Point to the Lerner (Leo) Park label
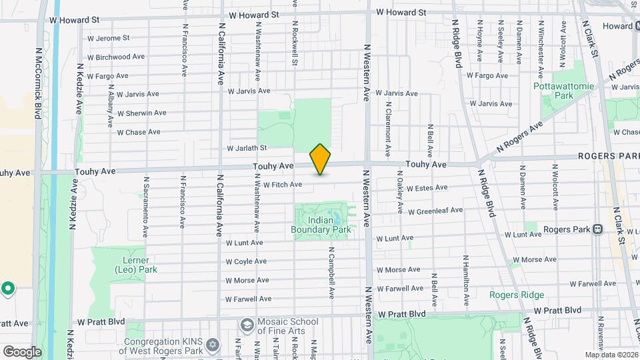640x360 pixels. pos(135,265)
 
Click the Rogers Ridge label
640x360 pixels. pos(517,295)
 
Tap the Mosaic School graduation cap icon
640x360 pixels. pos(247,325)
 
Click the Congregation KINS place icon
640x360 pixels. pos(213,344)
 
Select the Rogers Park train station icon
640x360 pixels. pos(598,229)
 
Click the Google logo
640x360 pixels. pos(22,351)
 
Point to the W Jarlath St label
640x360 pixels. pos(247,148)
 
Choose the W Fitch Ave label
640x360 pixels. pos(283,185)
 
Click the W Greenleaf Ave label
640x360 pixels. pos(435,210)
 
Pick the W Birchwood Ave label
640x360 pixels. pos(120,57)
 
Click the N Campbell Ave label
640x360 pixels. pos(331,273)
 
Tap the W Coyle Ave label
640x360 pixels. pos(246,261)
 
